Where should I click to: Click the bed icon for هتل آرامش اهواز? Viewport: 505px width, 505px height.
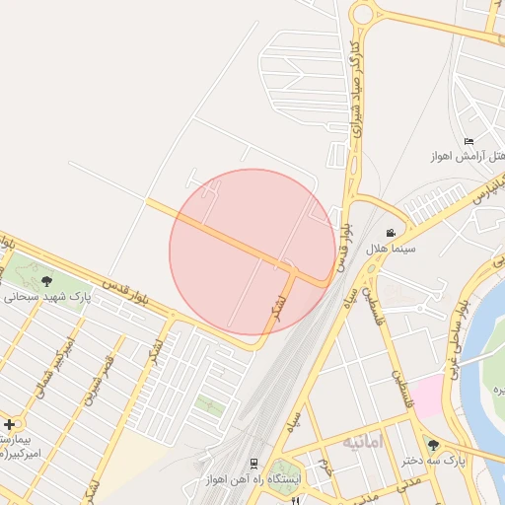tap(469, 141)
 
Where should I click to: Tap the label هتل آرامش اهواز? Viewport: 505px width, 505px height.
tap(468, 156)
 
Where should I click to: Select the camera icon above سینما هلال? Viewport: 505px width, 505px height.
tap(392, 234)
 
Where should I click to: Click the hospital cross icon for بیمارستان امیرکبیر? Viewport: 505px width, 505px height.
tap(10, 424)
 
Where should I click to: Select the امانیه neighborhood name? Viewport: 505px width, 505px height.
tap(362, 442)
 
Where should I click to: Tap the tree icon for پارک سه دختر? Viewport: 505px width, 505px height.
tap(432, 445)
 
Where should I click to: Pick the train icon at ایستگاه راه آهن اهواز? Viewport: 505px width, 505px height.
tap(254, 463)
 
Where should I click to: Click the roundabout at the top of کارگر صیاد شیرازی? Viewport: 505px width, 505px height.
tap(363, 14)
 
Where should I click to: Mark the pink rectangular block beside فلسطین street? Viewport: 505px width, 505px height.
tap(426, 396)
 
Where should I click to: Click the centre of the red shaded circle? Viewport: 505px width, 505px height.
tap(252, 252)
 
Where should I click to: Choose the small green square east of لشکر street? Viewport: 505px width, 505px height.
tap(207, 401)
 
